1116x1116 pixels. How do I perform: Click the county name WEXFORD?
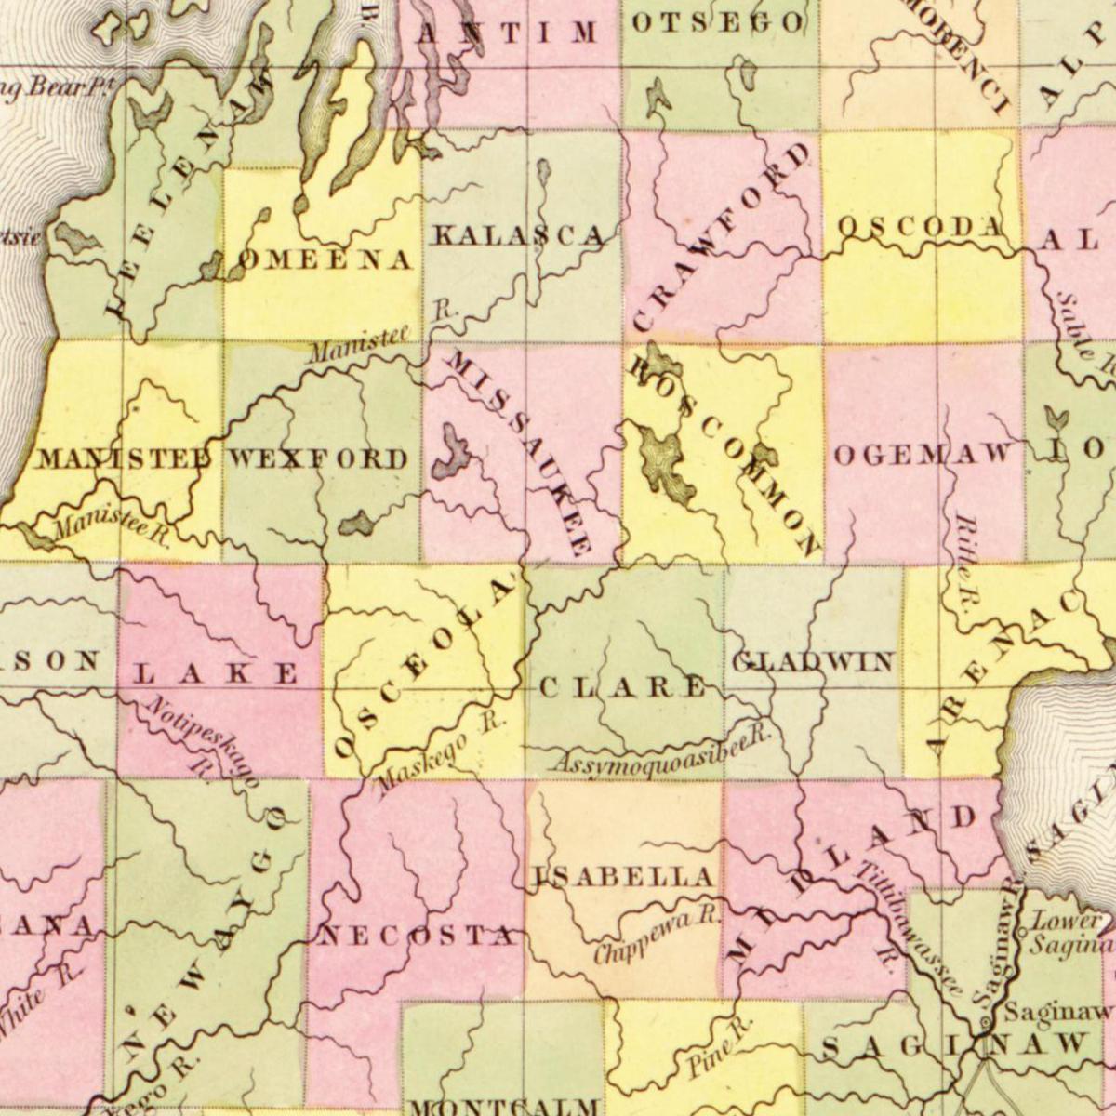click(318, 458)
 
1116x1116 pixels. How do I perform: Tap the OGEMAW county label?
click(923, 454)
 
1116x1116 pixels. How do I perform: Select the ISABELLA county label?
click(624, 876)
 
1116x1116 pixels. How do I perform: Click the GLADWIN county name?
click(813, 662)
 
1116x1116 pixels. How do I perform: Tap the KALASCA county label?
click(518, 235)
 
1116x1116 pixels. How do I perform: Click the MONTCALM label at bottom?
click(503, 1106)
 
